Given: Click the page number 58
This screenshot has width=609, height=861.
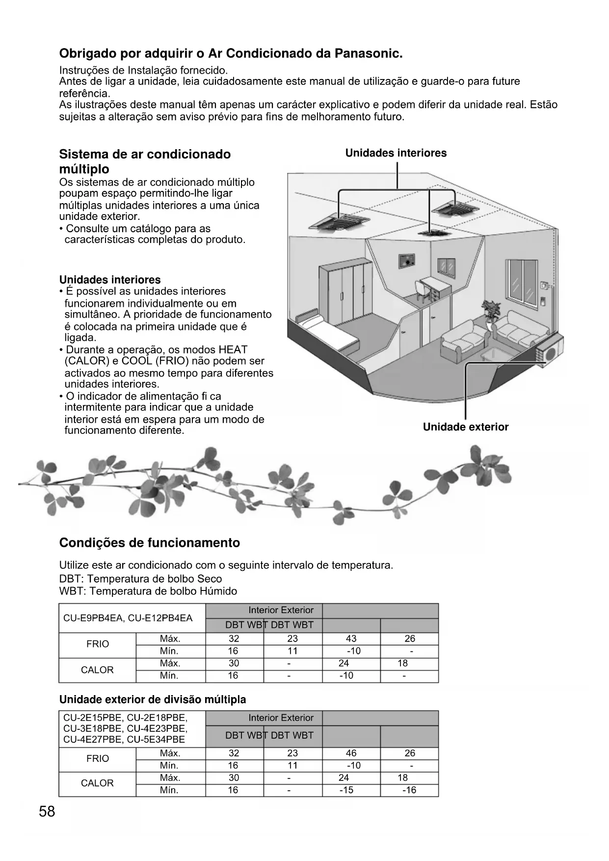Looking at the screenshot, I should pyautogui.click(x=47, y=812).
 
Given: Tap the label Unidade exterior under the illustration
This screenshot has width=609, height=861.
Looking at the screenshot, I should pyautogui.click(x=465, y=427).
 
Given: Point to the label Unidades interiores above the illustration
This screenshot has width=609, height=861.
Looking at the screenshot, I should pyautogui.click(x=396, y=153).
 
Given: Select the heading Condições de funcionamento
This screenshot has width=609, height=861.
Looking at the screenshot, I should pyautogui.click(x=150, y=543).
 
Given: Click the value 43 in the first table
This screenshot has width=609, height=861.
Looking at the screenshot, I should pyautogui.click(x=351, y=639).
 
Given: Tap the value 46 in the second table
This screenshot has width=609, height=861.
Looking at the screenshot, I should pyautogui.click(x=351, y=753).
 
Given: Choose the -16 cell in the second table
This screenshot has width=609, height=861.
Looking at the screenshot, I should pyautogui.click(x=409, y=790).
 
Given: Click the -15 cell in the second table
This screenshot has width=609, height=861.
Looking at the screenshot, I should pyautogui.click(x=346, y=790).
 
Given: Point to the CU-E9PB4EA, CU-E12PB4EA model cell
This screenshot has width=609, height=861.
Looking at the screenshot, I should pyautogui.click(x=128, y=618).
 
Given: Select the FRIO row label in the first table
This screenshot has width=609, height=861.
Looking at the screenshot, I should pyautogui.click(x=98, y=645).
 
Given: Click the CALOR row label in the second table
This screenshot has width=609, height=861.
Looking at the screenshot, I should pyautogui.click(x=97, y=783).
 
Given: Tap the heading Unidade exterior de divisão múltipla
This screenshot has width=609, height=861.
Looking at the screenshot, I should pyautogui.click(x=153, y=700).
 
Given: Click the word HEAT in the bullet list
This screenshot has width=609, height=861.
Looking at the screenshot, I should pyautogui.click(x=233, y=350).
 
